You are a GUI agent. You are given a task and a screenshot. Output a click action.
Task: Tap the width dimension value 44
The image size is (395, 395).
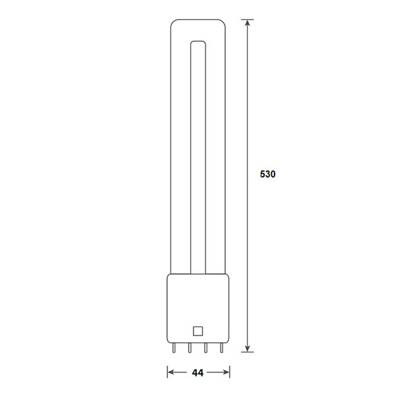[196, 373]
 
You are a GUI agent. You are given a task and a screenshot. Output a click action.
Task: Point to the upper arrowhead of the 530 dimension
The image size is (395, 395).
[248, 24]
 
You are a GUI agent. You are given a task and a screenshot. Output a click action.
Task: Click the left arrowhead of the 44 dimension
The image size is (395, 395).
[171, 373]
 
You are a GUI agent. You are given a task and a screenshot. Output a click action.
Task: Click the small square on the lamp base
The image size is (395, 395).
[196, 331]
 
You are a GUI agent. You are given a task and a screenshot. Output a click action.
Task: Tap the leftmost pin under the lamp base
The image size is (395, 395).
[174, 348]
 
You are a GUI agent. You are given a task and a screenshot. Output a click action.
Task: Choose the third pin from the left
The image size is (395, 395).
[205, 348]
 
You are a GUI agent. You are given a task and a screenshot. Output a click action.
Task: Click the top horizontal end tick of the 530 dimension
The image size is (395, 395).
[248, 19]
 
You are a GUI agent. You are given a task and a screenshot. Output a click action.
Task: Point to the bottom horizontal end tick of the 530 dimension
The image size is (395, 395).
[248, 352]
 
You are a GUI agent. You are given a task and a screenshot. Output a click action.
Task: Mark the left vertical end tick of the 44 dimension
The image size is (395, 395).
[167, 373]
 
